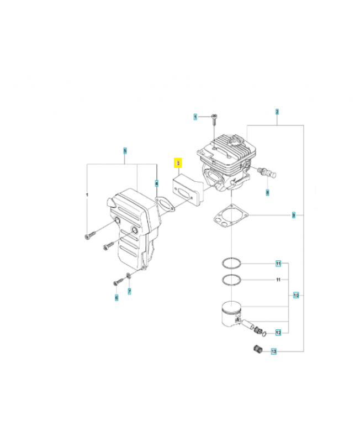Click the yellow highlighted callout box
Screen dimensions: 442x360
(178, 163)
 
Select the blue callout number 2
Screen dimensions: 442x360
(277, 111)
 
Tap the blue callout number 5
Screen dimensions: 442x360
(125, 150)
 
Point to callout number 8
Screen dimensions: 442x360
(268, 193)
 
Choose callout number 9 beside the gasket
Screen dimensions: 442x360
(294, 214)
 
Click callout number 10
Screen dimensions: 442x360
(296, 295)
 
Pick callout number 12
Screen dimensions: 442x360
(278, 333)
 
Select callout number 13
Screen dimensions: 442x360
(273, 351)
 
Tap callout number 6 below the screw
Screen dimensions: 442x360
(117, 298)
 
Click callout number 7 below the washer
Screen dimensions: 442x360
(129, 291)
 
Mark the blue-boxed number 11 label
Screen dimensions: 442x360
(279, 263)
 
